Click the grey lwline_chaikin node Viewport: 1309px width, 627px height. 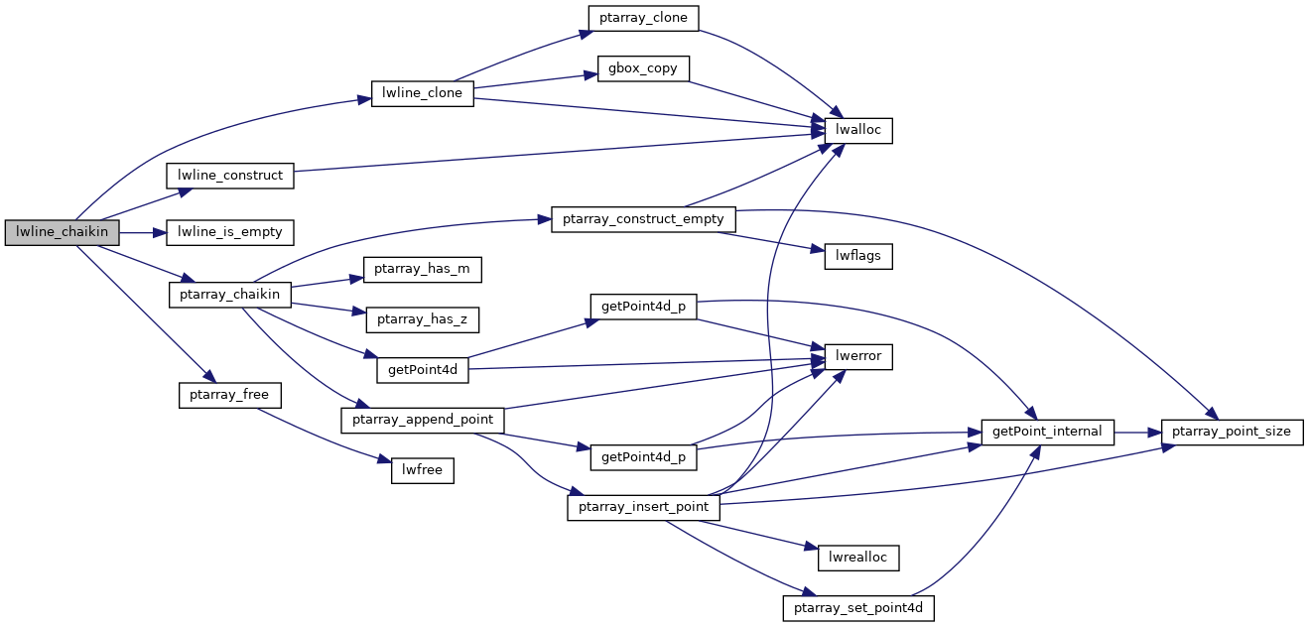(x=63, y=233)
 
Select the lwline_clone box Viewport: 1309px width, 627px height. (x=422, y=93)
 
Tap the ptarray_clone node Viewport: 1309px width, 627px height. (x=643, y=18)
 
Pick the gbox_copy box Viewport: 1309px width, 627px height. (x=643, y=69)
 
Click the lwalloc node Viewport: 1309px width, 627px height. (x=858, y=130)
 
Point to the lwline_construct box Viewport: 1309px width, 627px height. (x=230, y=175)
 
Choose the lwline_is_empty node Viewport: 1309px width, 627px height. (x=230, y=233)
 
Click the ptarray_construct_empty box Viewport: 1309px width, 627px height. (x=644, y=219)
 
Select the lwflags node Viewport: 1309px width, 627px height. (x=858, y=257)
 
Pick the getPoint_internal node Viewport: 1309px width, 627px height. (x=1048, y=433)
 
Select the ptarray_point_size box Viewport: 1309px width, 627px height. (x=1233, y=433)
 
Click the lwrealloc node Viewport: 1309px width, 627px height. (x=858, y=559)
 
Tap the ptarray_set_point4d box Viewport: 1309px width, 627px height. (x=859, y=608)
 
